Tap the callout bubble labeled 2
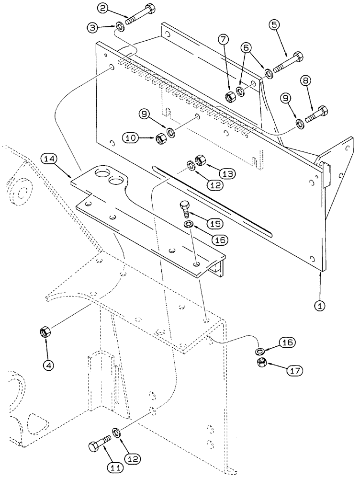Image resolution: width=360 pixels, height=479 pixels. point(104,8)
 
